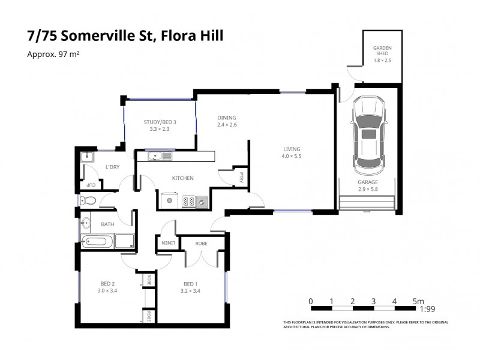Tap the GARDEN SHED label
(382, 50)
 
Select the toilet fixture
(88, 200)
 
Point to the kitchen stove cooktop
(191, 201)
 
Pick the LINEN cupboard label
(167, 242)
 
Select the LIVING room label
(292, 149)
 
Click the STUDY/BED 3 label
(160, 122)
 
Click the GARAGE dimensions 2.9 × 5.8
(368, 189)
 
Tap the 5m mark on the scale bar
(418, 301)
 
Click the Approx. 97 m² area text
(54, 54)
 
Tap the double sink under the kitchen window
(160, 157)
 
